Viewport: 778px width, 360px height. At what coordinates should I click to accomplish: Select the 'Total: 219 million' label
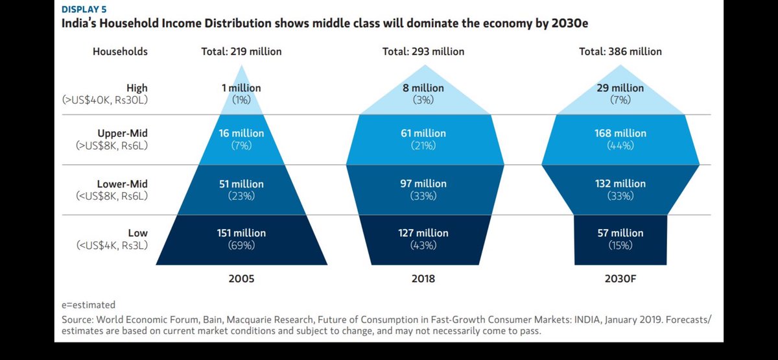coord(241,51)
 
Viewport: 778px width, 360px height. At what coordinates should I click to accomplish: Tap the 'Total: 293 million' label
coord(423,51)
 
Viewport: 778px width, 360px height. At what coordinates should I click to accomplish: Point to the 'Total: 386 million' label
coord(620,51)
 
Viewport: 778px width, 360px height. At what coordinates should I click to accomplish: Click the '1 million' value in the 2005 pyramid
coord(241,88)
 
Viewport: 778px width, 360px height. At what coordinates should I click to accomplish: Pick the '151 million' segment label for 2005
coord(241,233)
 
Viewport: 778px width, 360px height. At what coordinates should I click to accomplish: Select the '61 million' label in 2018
coord(423,133)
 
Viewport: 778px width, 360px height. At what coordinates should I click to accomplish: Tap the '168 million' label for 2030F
coord(620,133)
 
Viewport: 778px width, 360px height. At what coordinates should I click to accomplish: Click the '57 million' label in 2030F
coord(620,233)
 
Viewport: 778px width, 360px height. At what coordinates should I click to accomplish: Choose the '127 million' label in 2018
coord(423,233)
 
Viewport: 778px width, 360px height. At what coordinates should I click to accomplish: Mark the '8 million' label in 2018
coord(423,88)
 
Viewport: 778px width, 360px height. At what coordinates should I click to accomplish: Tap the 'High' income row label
coord(137,88)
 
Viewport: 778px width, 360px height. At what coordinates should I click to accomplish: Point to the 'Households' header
coord(120,51)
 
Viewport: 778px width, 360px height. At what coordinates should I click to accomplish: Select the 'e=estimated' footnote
coord(88,304)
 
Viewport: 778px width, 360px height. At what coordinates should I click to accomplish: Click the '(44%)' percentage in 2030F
coord(620,146)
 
